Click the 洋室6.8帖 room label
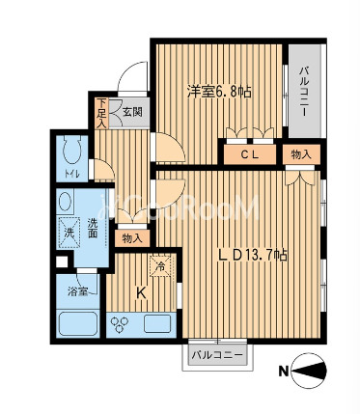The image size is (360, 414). point(219,93)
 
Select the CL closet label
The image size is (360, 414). point(250,155)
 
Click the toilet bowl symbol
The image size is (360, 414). point(72,150)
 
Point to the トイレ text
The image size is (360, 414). point(71,174)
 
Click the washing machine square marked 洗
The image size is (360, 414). point(69,233)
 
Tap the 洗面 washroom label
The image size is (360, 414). point(93,228)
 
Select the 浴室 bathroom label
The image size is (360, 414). point(77,292)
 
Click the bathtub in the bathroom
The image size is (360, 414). point(77,324)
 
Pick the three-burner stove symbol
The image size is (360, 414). point(119,323)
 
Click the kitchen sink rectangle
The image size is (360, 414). point(157,324)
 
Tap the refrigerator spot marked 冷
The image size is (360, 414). point(161,265)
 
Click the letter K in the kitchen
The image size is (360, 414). point(141,293)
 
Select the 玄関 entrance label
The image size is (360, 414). point(132,112)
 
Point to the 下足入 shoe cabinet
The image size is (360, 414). point(101,113)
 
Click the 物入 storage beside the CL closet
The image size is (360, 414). point(301,154)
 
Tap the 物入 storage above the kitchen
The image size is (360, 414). point(132,238)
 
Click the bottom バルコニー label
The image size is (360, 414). point(217,355)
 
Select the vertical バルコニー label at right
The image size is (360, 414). point(304,91)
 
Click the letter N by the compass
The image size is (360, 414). point(283,372)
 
